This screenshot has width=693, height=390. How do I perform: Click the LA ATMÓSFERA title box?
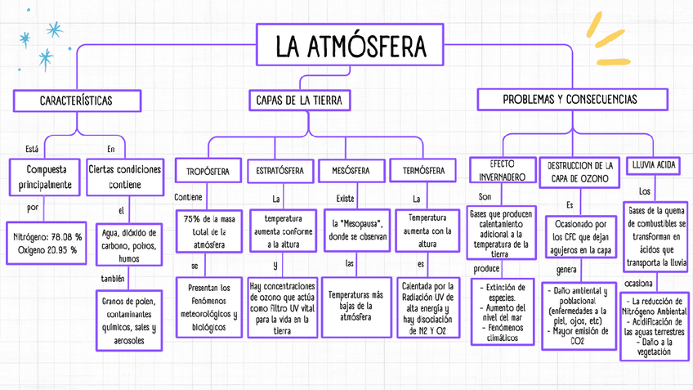click(351, 45)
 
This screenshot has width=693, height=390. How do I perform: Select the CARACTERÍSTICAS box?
click(76, 100)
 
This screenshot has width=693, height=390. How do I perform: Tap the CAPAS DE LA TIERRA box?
click(298, 100)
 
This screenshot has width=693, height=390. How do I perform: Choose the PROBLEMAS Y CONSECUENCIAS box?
click(570, 99)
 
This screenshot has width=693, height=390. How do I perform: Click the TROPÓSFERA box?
click(207, 172)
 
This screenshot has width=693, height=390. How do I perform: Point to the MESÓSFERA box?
click(351, 171)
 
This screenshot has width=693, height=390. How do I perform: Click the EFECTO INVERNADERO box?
click(502, 170)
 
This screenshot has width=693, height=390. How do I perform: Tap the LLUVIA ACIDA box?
click(654, 165)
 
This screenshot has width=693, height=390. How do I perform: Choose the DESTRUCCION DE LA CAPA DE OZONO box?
click(579, 172)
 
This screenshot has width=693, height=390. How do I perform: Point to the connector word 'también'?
click(112, 278)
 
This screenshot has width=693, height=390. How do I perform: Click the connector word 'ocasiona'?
click(638, 284)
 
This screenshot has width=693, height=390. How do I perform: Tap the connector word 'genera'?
click(566, 269)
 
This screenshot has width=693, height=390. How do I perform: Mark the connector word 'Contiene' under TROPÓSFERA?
click(188, 197)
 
